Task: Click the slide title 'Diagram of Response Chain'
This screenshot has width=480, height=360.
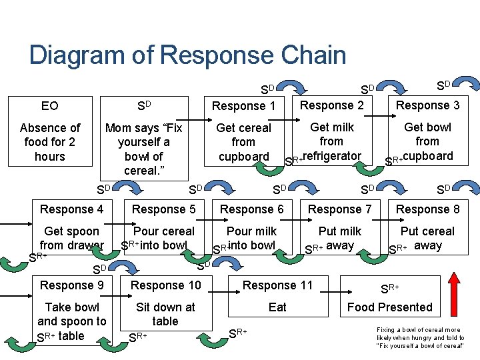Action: [187, 55]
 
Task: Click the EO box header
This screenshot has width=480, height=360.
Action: [50, 106]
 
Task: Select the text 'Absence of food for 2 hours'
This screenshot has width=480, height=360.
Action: [50, 142]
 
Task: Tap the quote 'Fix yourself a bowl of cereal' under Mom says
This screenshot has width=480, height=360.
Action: [143, 149]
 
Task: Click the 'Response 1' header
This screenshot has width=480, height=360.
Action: [243, 106]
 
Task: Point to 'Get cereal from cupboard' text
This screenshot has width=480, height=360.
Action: [243, 142]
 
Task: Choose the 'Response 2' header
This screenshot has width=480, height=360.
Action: [332, 105]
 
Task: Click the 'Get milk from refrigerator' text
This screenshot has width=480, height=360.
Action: [331, 141]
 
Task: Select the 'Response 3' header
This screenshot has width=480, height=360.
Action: [427, 105]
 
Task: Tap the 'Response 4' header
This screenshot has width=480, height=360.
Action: [71, 209]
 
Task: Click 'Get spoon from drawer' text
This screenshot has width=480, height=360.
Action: [71, 238]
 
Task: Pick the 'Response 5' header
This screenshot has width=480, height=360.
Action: [164, 209]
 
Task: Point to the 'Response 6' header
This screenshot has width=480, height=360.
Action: [252, 209]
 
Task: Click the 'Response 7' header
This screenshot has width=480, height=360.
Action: [340, 209]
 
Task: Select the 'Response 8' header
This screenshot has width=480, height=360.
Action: [427, 209]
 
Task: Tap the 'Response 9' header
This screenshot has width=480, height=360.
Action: [71, 285]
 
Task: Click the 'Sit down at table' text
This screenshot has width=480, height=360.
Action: [165, 314]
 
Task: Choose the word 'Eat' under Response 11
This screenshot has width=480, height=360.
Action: [277, 307]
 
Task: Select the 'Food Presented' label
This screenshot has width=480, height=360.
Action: [390, 307]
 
